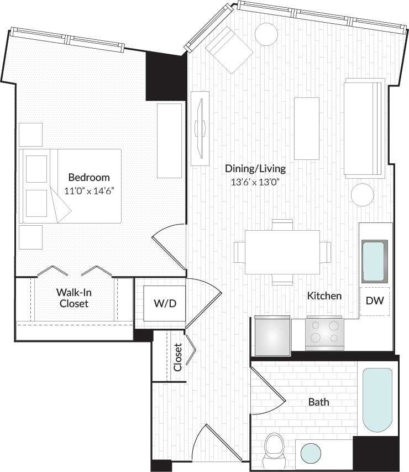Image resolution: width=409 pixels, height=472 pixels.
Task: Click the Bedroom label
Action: (x=88, y=178)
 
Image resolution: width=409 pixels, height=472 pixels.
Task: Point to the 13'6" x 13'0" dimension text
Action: (x=255, y=181)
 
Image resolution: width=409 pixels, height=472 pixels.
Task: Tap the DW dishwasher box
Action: (x=375, y=301)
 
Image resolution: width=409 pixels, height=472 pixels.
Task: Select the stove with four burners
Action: (x=324, y=333)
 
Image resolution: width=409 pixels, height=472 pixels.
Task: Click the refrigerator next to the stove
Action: (x=272, y=335)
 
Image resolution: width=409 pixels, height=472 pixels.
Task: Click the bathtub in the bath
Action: (x=377, y=400)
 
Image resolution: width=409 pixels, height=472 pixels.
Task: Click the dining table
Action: (x=282, y=252)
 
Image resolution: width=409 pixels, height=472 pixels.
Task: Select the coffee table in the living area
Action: (x=306, y=128)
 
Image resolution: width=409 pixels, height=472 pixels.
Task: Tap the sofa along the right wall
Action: (x=364, y=128)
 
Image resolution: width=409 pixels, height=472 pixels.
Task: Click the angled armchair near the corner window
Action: (x=228, y=49)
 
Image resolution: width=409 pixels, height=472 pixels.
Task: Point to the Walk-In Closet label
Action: (x=74, y=297)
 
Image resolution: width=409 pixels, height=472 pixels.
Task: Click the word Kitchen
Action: (x=324, y=296)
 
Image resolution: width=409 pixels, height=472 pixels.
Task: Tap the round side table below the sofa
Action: (x=363, y=195)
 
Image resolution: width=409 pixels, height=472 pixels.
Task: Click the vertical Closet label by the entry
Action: (x=177, y=357)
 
